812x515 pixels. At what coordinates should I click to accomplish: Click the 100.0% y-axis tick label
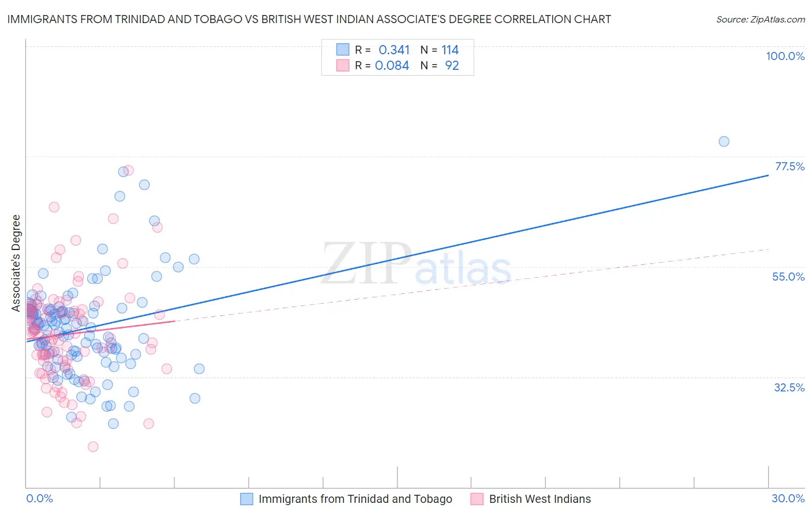(785, 56)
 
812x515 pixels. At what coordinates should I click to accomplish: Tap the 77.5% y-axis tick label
(789, 166)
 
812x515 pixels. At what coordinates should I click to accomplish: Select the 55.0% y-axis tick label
(788, 277)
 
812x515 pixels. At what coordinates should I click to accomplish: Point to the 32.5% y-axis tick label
(789, 387)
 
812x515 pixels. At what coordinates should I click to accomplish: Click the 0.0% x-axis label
(39, 498)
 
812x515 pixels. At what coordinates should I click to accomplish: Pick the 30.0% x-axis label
(788, 498)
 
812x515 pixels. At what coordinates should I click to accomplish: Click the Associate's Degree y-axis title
(16, 263)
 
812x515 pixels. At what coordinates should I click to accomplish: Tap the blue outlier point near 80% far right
(724, 141)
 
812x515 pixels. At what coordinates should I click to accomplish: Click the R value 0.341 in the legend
(394, 50)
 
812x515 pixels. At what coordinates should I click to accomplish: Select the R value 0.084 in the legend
(392, 66)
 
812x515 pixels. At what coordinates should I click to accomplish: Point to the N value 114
(450, 50)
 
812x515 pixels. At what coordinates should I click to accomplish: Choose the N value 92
(452, 66)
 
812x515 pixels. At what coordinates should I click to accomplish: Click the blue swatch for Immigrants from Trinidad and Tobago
(247, 499)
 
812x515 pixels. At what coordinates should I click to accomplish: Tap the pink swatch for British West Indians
(476, 499)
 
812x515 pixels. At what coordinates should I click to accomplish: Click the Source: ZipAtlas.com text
(760, 20)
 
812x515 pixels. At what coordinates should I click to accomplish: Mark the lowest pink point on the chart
(93, 446)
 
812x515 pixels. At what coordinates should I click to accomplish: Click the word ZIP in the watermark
(366, 263)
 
